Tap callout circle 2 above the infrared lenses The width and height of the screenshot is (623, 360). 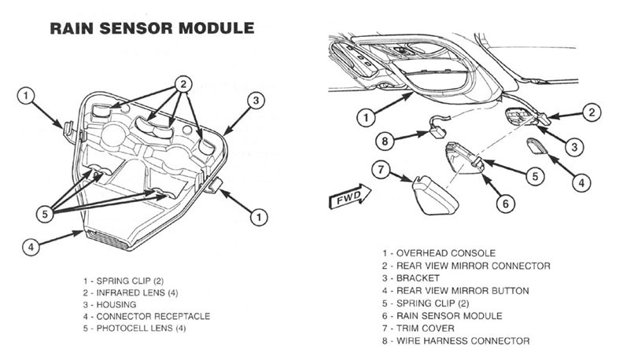click(182, 83)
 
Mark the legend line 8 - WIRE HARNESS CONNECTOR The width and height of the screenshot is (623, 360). click(463, 340)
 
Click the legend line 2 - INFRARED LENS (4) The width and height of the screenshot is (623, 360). click(132, 292)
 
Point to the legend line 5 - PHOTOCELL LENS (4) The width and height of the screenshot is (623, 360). click(135, 328)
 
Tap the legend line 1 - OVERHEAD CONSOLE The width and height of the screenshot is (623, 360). click(446, 253)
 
